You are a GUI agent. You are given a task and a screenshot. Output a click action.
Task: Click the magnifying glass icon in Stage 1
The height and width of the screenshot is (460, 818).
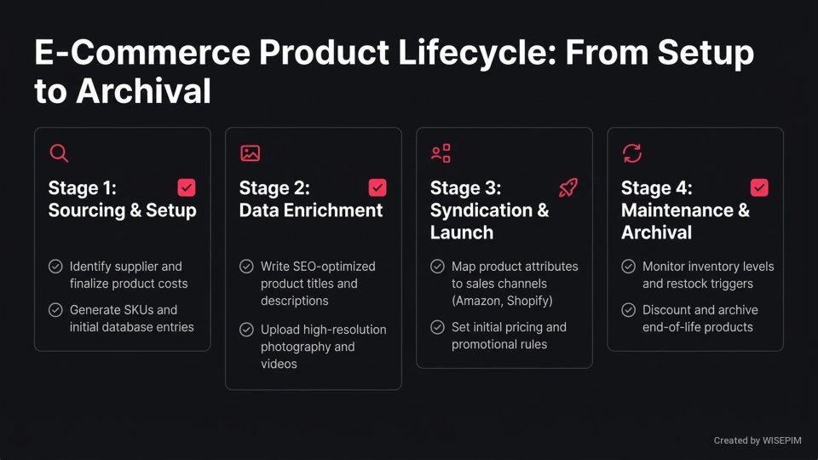click(59, 153)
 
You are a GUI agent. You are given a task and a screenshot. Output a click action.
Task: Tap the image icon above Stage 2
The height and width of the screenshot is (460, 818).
click(250, 153)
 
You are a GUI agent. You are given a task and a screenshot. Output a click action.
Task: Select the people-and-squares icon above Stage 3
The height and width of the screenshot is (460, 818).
click(441, 153)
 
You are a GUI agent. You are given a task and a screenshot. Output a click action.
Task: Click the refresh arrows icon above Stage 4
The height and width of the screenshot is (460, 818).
click(631, 153)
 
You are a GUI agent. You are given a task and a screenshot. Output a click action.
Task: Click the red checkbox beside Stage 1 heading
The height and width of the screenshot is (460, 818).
click(187, 187)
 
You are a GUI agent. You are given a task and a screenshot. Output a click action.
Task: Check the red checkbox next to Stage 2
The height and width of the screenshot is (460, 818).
click(377, 187)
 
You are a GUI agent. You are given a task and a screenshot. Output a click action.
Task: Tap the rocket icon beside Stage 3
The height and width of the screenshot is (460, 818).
click(568, 187)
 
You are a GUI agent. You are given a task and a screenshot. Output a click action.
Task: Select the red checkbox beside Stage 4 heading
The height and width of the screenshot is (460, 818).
click(759, 187)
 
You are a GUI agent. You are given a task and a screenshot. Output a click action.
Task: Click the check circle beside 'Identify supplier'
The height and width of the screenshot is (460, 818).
click(55, 267)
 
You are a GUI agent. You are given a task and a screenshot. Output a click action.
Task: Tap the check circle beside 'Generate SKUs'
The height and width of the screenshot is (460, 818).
click(55, 310)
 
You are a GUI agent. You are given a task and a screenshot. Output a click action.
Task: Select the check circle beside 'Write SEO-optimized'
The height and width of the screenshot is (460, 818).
click(246, 267)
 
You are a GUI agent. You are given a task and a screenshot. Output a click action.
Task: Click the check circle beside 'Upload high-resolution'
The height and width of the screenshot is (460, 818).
click(246, 330)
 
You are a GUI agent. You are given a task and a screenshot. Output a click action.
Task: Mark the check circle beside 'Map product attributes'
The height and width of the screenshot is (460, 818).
click(437, 267)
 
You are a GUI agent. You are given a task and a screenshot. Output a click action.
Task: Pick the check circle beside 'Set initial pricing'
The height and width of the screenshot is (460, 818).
click(437, 327)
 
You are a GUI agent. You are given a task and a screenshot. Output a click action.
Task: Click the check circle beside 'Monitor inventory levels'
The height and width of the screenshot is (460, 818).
click(628, 267)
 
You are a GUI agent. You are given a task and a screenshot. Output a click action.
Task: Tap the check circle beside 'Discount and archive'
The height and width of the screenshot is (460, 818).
click(628, 310)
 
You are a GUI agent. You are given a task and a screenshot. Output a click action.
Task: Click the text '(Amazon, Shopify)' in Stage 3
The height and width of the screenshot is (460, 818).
click(502, 301)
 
